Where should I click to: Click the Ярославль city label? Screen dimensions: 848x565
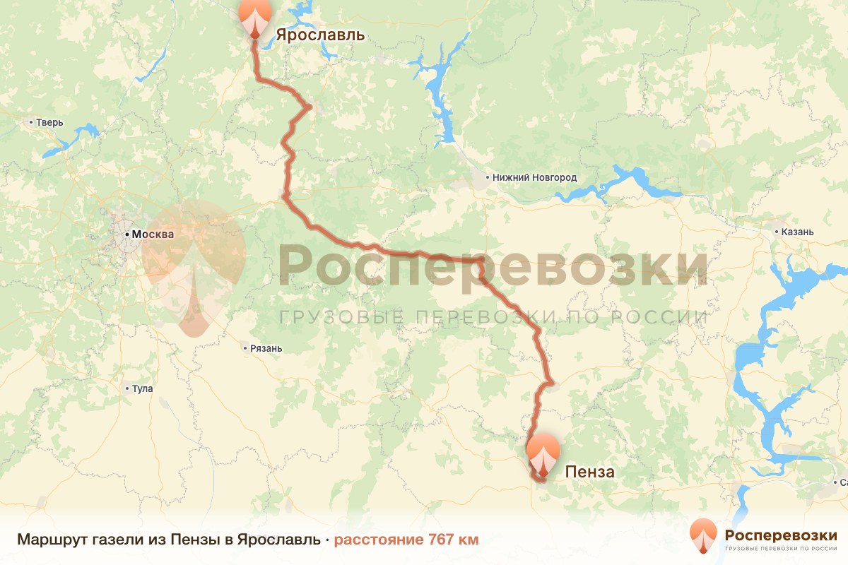(x=320, y=35)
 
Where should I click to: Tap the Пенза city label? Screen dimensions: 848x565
(x=589, y=472)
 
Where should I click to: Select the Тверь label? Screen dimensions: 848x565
(x=50, y=122)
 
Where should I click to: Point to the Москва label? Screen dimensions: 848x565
(x=153, y=234)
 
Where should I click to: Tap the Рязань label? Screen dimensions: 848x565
(x=266, y=348)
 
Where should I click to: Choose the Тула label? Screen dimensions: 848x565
(x=142, y=388)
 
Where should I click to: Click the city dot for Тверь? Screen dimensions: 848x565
(x=31, y=122)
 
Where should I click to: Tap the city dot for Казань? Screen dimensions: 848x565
(x=776, y=232)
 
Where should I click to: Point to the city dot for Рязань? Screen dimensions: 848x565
(x=245, y=347)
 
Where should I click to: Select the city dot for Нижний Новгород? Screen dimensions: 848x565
(x=488, y=177)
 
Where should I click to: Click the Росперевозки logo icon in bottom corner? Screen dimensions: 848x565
(x=702, y=536)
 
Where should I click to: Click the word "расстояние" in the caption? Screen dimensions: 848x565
(x=379, y=540)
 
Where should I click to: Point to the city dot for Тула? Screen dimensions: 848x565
(x=127, y=388)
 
